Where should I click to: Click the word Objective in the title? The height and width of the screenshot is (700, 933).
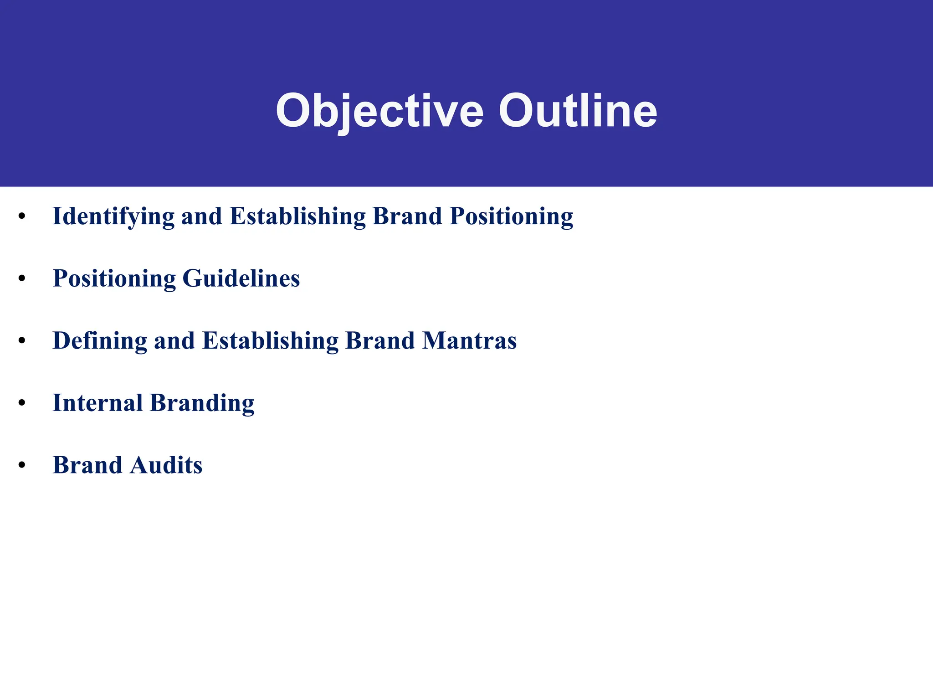click(379, 111)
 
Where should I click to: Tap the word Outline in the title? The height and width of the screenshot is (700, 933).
click(578, 111)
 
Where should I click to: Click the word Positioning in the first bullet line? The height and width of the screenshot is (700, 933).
click(511, 216)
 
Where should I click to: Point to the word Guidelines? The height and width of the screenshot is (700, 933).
click(241, 278)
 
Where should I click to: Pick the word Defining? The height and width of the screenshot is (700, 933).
click(100, 341)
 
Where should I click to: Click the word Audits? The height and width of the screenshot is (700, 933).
click(166, 465)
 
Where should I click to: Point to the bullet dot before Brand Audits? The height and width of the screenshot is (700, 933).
click(22, 465)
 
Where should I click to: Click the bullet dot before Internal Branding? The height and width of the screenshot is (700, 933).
click(22, 403)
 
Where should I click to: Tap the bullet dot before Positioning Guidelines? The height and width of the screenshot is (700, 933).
click(22, 278)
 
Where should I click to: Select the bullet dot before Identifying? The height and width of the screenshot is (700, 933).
click(22, 216)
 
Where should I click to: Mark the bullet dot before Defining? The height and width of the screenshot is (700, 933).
click(22, 341)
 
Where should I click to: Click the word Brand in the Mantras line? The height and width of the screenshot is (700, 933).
click(380, 341)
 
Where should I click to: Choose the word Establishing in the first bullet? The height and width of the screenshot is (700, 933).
click(297, 216)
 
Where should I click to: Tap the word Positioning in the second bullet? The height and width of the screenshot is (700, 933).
click(114, 278)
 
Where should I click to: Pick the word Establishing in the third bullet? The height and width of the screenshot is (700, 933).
click(270, 341)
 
